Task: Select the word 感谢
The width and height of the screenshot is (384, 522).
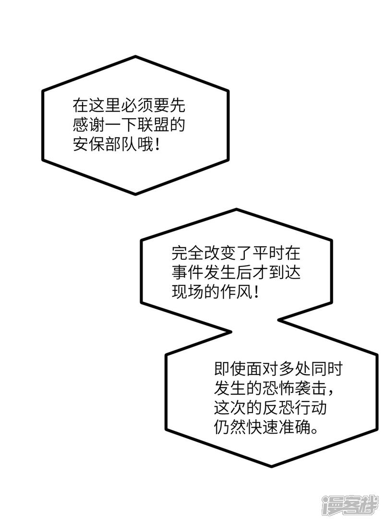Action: coord(88,124)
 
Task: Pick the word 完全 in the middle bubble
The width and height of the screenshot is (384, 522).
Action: coord(187,253)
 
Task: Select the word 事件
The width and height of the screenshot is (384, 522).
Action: coord(187,272)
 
